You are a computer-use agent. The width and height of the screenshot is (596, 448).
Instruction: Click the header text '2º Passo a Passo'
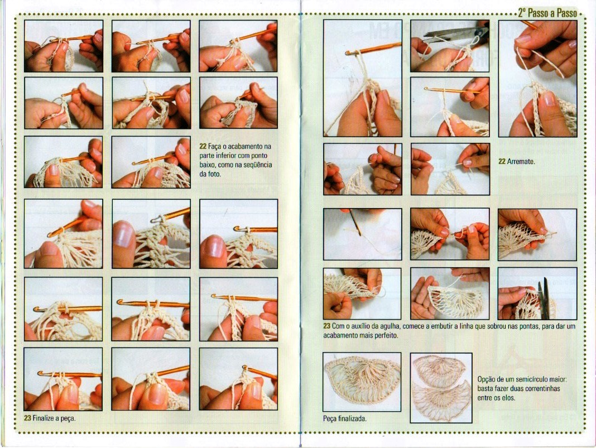pos(547,13)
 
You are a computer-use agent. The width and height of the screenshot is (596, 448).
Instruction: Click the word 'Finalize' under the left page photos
pos(45,418)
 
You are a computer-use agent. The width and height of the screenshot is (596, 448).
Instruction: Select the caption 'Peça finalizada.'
pos(345,419)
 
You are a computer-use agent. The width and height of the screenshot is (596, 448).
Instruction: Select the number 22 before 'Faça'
pos(203,146)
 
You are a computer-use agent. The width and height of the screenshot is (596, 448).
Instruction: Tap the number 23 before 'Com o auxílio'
pos(327,326)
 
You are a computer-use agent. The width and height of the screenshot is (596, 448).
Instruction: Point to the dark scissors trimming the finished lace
pos(544,298)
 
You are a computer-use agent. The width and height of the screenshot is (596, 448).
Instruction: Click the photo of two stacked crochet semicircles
pos(441,388)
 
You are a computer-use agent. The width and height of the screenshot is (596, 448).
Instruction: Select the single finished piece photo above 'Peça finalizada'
pos(362,382)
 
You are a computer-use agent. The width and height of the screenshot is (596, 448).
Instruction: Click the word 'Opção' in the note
pos(486,379)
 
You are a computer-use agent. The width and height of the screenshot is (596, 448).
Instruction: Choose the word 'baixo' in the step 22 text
pos(208,165)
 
